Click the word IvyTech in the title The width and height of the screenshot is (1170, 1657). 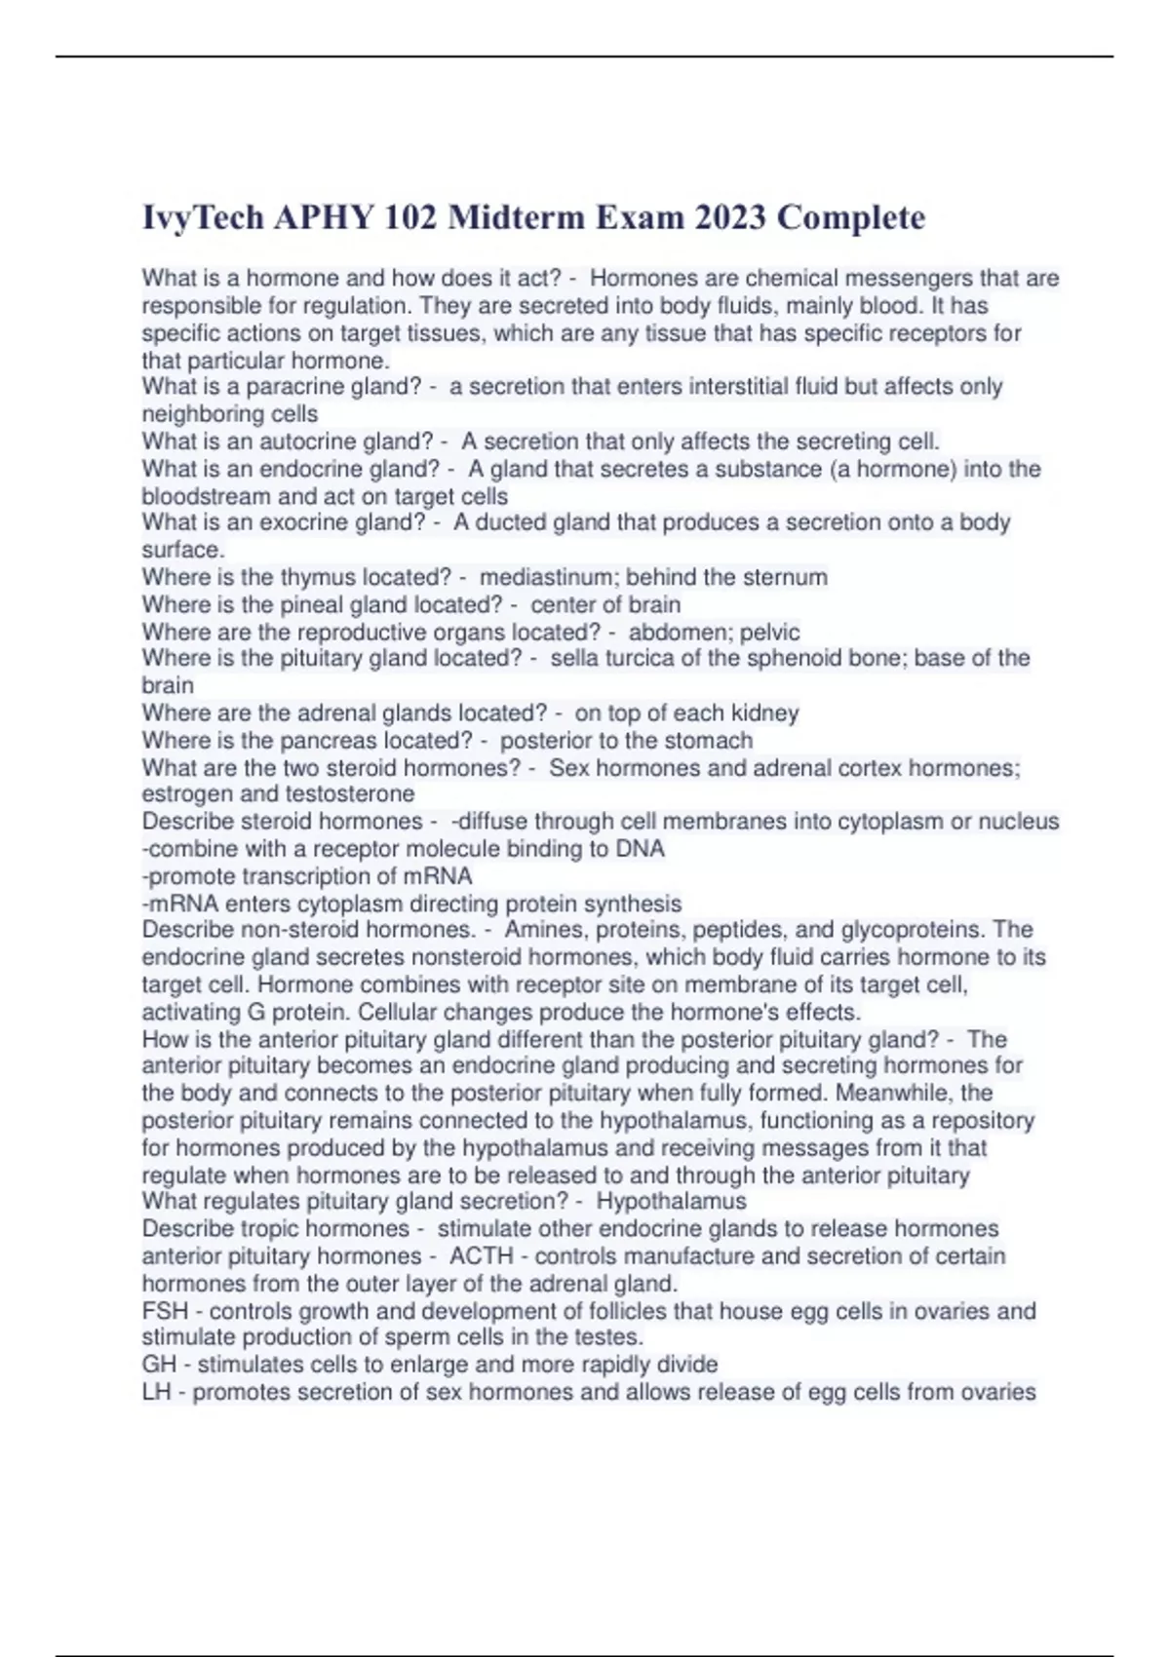tap(203, 217)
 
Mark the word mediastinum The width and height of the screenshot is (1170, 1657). tap(546, 577)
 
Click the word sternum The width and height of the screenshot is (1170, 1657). tap(785, 577)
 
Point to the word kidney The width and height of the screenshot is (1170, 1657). tap(765, 713)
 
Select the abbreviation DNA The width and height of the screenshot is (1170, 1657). tap(640, 848)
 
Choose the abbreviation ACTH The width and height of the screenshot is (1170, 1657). tap(481, 1255)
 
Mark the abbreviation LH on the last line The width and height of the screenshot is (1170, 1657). tap(157, 1392)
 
